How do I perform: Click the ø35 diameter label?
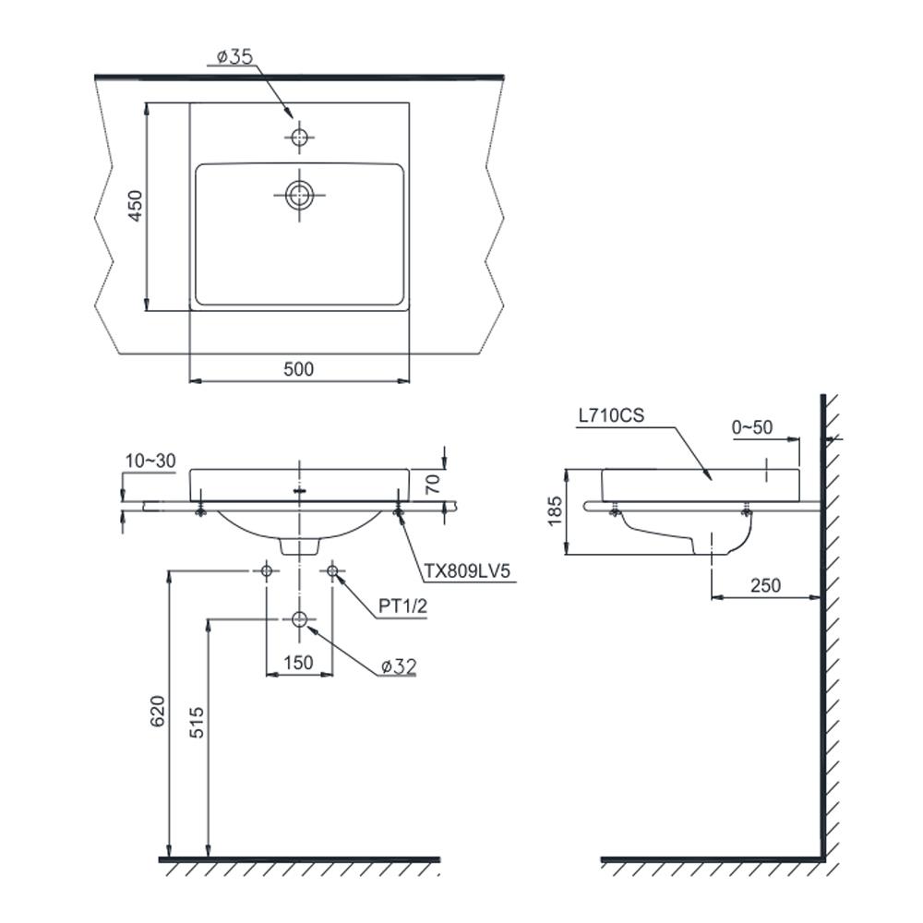pyautogui.click(x=234, y=57)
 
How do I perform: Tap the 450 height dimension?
pyautogui.click(x=135, y=207)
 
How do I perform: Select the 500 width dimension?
pyautogui.click(x=298, y=369)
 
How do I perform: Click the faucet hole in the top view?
pyautogui.click(x=298, y=138)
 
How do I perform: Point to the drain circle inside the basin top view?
pyautogui.click(x=298, y=194)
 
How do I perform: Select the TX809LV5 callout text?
pyautogui.click(x=468, y=572)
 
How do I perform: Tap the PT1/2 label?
pyautogui.click(x=403, y=607)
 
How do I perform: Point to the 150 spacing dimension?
pyautogui.click(x=298, y=662)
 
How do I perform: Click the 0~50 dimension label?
pyautogui.click(x=751, y=427)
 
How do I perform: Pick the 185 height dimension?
pyautogui.click(x=554, y=511)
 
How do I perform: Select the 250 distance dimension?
pyautogui.click(x=765, y=585)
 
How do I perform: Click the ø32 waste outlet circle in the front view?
pyautogui.click(x=298, y=618)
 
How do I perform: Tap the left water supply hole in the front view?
pyautogui.click(x=266, y=571)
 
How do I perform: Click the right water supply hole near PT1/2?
pyautogui.click(x=332, y=571)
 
